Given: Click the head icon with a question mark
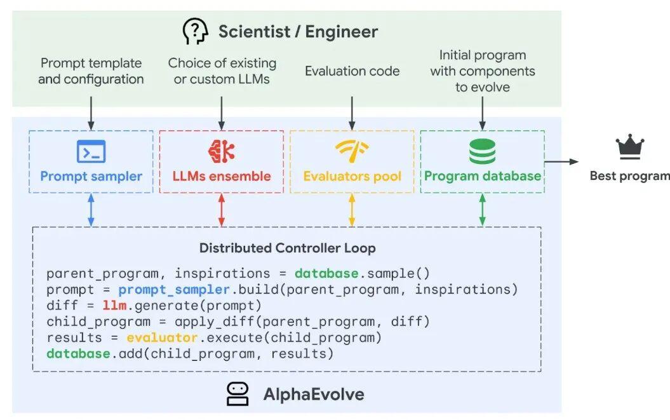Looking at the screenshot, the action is [x=195, y=31].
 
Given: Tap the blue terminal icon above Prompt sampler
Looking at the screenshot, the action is [x=91, y=151].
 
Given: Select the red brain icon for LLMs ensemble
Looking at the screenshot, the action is [x=222, y=151].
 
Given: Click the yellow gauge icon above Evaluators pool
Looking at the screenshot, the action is [x=352, y=151].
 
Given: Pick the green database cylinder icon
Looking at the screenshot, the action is [x=483, y=151].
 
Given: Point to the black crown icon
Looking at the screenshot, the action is [x=630, y=147].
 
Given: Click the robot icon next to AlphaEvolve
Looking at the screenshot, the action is [x=238, y=394].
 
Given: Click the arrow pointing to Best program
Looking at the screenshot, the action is [x=561, y=161].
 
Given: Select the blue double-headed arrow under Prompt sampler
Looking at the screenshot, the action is [x=91, y=210].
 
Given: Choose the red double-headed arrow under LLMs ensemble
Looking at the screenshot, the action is [x=222, y=210].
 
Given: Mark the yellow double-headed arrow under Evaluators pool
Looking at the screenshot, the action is [x=352, y=210].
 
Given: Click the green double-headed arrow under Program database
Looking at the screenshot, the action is [x=483, y=210].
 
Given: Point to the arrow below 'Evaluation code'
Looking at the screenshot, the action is [x=352, y=113].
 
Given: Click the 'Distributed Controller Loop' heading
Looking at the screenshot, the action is [x=288, y=248].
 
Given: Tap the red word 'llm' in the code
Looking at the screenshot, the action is [x=114, y=306].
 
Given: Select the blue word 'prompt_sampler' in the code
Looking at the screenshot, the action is [x=175, y=290].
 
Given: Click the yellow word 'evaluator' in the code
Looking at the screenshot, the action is [x=163, y=338].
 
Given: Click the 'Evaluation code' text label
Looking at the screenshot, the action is [x=352, y=71].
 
